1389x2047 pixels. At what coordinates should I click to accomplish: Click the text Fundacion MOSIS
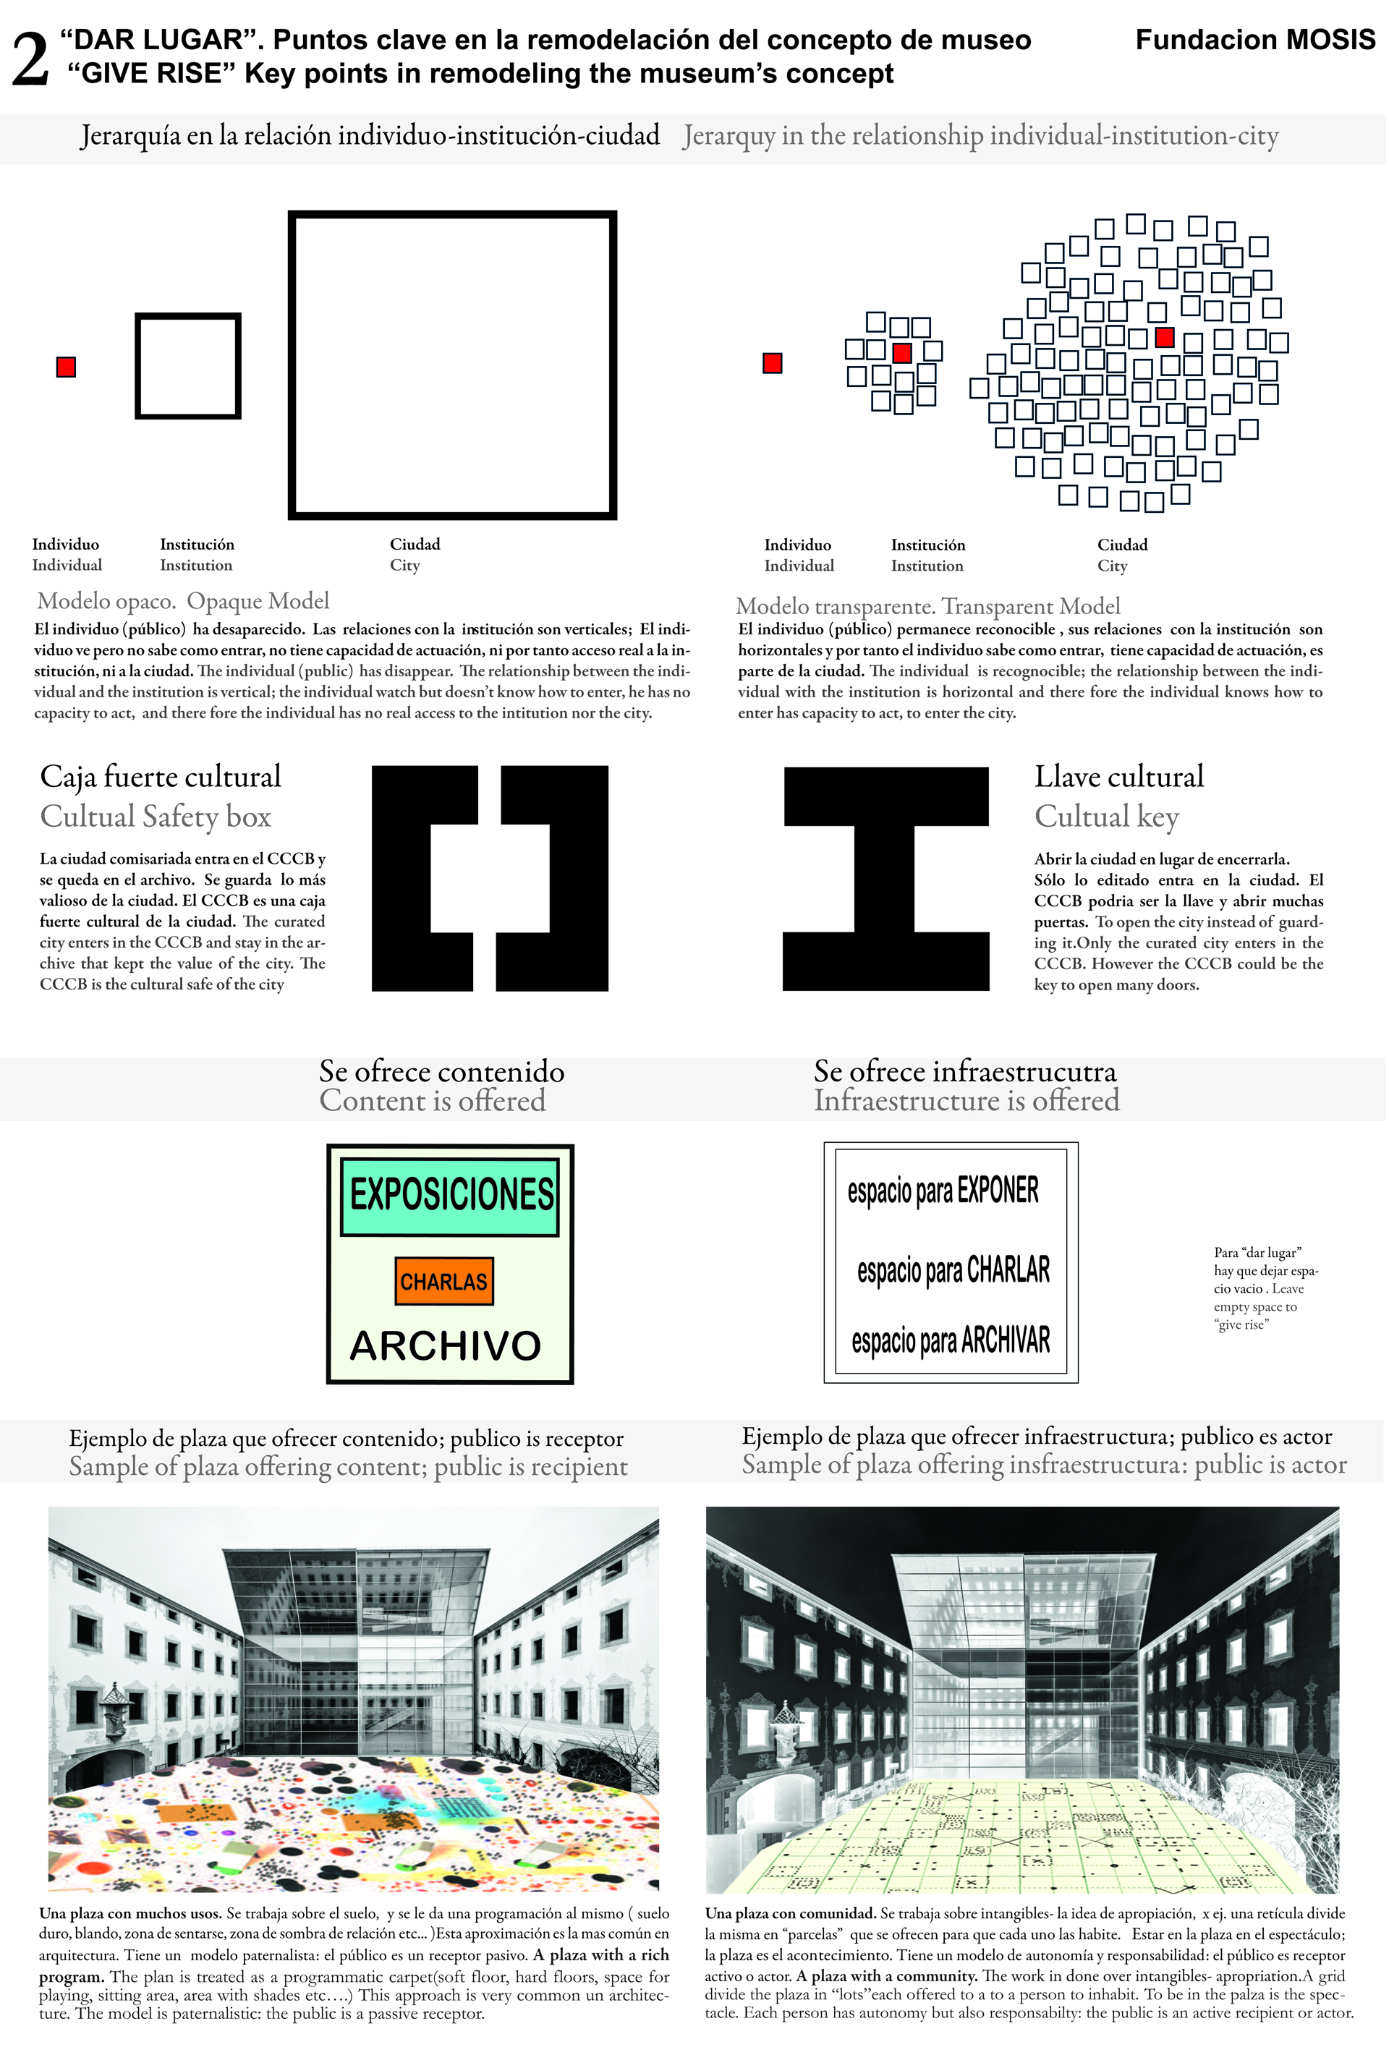point(1254,40)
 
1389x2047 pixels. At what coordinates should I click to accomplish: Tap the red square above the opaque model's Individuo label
point(66,367)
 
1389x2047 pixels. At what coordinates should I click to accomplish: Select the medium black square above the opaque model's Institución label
point(187,365)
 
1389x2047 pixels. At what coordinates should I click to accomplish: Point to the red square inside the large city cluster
point(1165,336)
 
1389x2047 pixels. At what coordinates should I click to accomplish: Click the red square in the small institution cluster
point(902,353)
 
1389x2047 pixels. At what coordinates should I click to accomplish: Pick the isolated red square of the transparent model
point(773,363)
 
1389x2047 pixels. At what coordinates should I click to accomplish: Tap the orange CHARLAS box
point(444,1281)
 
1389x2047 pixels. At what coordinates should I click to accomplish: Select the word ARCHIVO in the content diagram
point(446,1346)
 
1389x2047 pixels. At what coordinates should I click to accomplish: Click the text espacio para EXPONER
point(943,1191)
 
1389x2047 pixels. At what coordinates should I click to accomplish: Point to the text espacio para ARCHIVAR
point(951,1340)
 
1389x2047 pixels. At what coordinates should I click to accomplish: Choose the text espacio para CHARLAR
point(953,1269)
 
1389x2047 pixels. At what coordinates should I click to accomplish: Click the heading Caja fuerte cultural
point(161,777)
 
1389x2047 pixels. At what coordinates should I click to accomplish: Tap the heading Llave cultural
point(1118,777)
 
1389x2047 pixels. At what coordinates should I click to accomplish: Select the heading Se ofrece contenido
point(441,1072)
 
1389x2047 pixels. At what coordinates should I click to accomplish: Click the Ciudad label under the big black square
point(415,545)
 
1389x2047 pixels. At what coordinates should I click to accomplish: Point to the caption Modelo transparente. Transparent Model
point(927,606)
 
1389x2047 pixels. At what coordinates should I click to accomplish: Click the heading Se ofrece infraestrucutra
point(964,1072)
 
